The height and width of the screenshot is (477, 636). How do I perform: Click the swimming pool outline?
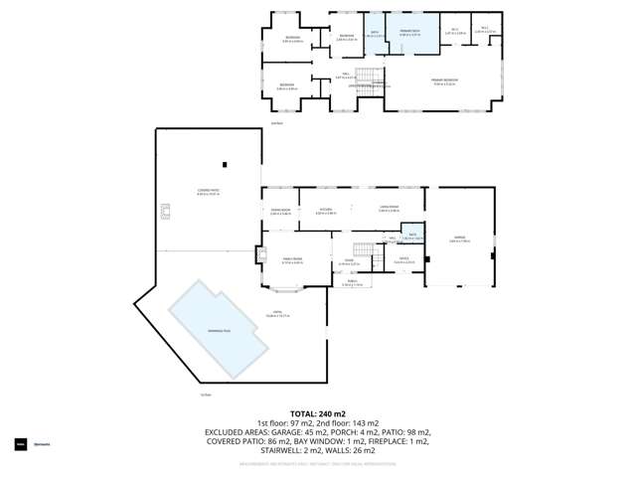[x=220, y=329]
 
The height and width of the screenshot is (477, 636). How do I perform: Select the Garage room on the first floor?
[x=459, y=238]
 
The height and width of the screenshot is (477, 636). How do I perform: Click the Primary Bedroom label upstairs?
[x=443, y=82]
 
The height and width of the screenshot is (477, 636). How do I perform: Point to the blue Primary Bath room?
[x=410, y=37]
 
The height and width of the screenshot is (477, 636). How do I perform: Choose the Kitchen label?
[x=325, y=210]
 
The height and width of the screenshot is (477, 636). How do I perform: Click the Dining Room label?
[x=279, y=211]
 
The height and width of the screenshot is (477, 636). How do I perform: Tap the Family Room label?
[x=291, y=260]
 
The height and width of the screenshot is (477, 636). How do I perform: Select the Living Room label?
[x=389, y=209]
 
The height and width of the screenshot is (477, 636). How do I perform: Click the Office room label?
[x=403, y=261]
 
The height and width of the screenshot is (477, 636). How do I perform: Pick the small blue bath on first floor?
[x=412, y=237]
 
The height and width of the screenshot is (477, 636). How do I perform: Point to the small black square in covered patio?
[x=225, y=164]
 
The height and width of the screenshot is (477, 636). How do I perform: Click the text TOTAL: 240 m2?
[x=317, y=412]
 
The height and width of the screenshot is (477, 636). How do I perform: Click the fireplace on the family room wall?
[x=262, y=253]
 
